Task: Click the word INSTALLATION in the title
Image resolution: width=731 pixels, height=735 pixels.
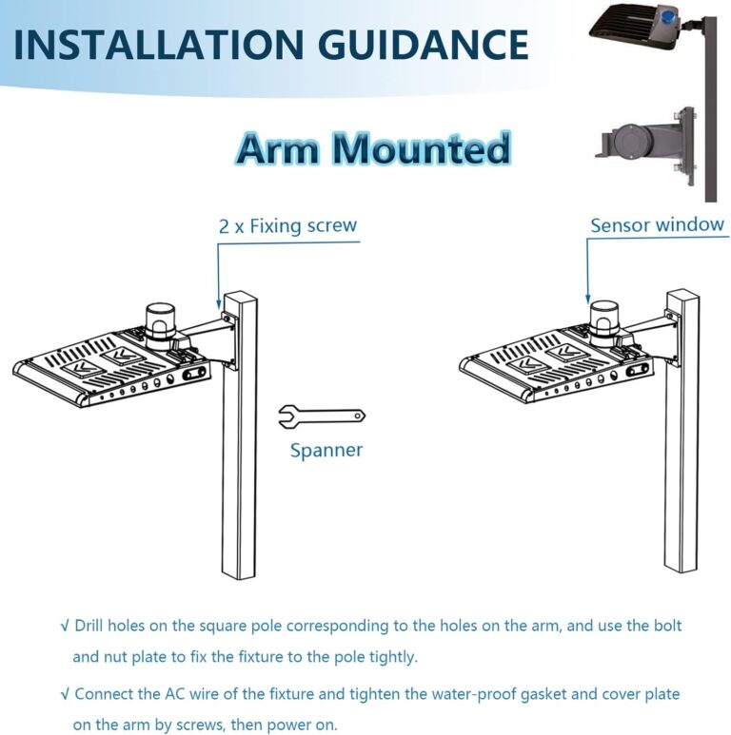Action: click(152, 45)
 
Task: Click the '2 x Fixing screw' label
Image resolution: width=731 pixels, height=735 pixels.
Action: click(287, 226)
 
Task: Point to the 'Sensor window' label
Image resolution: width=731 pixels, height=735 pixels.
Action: click(657, 225)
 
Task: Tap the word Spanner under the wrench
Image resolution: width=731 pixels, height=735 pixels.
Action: click(326, 450)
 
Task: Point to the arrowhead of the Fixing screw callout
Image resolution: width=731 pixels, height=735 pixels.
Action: click(219, 302)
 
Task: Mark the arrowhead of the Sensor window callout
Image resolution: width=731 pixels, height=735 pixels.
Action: click(588, 300)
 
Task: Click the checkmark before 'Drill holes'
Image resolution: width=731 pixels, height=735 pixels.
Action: click(64, 627)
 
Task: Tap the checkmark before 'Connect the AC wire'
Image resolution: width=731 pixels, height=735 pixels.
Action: click(64, 694)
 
